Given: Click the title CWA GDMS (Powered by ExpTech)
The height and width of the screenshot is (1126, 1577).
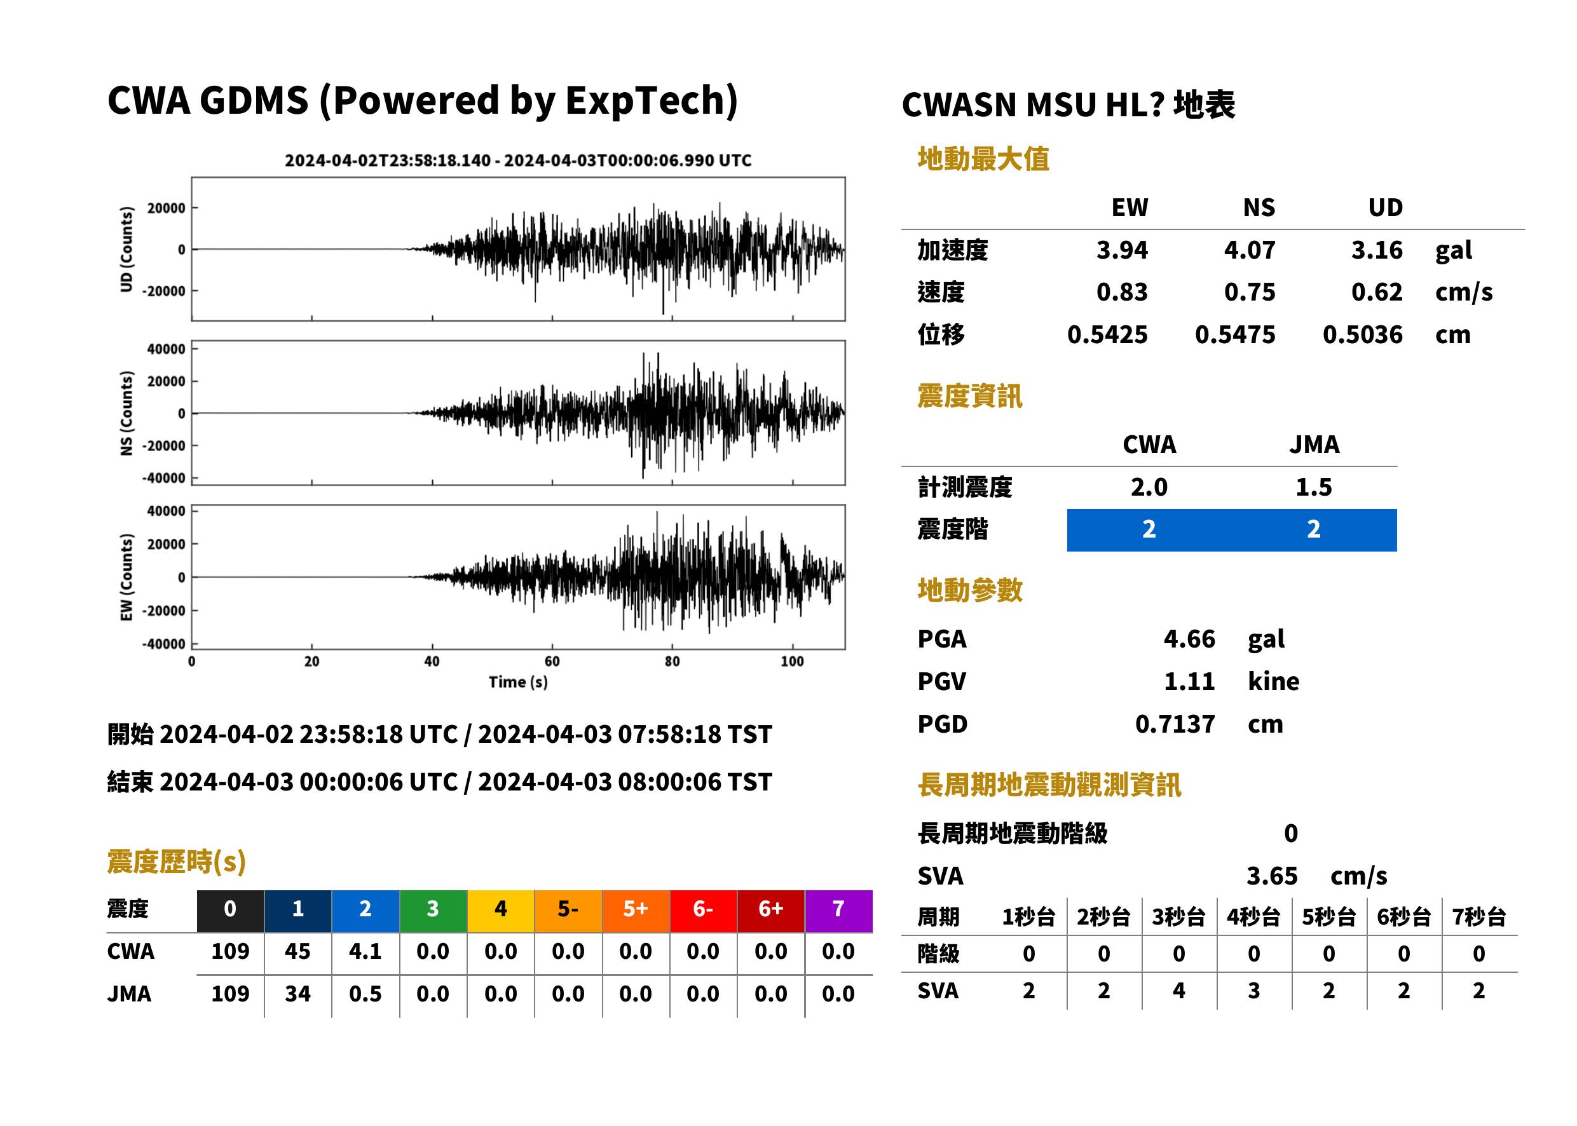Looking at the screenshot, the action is click(422, 101).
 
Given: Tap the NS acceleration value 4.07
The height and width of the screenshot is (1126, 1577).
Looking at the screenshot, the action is click(1249, 250).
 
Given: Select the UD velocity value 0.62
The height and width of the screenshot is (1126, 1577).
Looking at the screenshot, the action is click(1377, 292).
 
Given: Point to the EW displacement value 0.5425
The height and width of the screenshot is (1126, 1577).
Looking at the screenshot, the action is click(1107, 335).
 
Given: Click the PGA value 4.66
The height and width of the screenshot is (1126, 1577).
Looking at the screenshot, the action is click(1189, 639).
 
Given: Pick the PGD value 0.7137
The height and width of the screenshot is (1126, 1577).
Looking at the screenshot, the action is click(1175, 724).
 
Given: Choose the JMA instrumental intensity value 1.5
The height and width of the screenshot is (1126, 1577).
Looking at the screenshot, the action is click(1313, 487).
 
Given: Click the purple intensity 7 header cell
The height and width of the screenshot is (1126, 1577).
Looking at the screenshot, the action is click(838, 908).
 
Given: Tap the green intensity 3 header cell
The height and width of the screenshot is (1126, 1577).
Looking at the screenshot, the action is click(433, 908).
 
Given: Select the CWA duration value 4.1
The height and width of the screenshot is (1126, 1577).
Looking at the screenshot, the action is click(365, 951).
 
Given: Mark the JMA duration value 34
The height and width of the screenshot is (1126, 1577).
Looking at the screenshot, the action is click(297, 994).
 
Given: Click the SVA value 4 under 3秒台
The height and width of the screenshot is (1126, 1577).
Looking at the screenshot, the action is click(1178, 991).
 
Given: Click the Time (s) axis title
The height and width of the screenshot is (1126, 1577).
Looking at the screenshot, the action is click(518, 682).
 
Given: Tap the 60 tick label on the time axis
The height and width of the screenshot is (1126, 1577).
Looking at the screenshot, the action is click(552, 661).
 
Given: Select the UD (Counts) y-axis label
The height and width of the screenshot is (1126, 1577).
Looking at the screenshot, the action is click(126, 249).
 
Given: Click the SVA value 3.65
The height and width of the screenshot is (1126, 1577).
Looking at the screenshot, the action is click(1272, 876).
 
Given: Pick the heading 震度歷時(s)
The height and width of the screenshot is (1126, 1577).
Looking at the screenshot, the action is click(177, 862).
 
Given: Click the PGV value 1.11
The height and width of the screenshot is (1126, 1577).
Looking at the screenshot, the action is click(1189, 682).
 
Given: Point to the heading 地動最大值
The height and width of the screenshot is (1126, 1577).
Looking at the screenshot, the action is click(983, 159).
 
